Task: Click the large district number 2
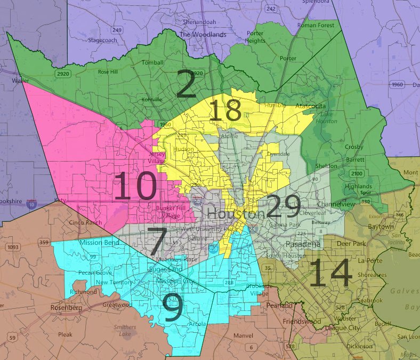coord(186,86)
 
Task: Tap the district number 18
coord(225,111)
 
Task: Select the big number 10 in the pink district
coord(135,188)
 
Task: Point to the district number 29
coord(283,207)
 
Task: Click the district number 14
coord(330,274)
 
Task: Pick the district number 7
coord(158,242)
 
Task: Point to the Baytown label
coord(381,227)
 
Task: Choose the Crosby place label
coord(354,147)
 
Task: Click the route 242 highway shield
coord(271,9)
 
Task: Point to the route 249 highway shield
coord(117,30)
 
